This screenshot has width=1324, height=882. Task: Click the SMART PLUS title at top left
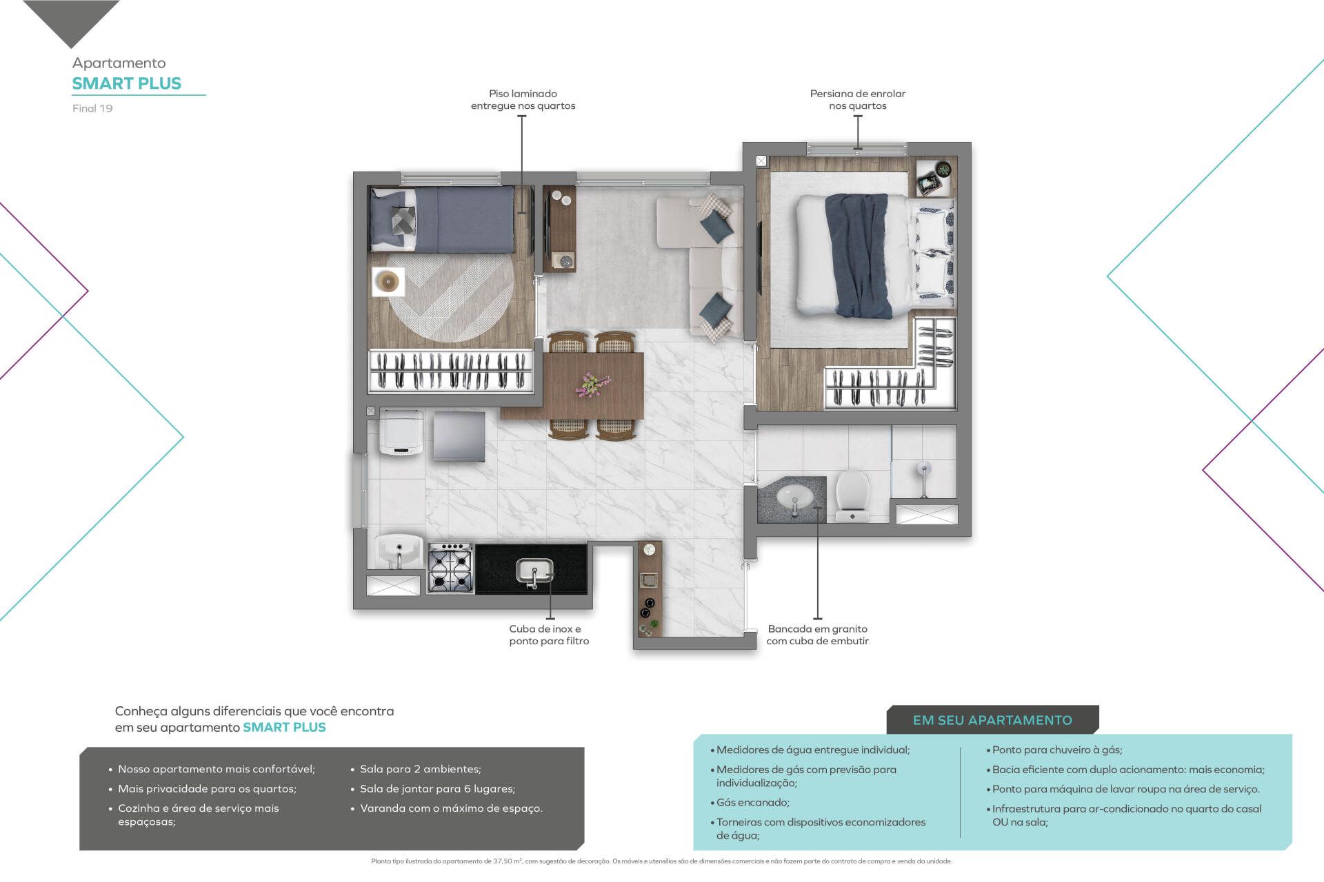(x=127, y=83)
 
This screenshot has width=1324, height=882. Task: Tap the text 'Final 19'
(x=92, y=108)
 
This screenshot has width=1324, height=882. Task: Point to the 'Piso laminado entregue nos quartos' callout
(x=523, y=99)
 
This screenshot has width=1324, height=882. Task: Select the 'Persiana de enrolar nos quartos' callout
(x=858, y=99)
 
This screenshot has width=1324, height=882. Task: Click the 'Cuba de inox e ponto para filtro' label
(x=549, y=635)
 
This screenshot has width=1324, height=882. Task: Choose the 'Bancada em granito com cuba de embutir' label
(x=818, y=635)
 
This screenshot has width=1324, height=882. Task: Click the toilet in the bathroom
(x=853, y=495)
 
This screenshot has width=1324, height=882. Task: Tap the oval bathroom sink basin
(x=795, y=496)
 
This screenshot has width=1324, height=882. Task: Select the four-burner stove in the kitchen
(x=450, y=568)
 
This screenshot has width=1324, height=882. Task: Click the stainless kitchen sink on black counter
(x=534, y=571)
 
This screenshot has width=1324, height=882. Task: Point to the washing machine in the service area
(x=401, y=433)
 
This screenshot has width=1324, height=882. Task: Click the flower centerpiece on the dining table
(x=592, y=384)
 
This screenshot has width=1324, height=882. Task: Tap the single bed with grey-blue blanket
(x=443, y=219)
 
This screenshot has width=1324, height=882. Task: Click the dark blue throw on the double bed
(x=858, y=255)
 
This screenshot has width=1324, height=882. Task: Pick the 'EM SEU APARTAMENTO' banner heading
(x=992, y=720)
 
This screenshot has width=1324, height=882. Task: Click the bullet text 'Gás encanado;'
(x=752, y=802)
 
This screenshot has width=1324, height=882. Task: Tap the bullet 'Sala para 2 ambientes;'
(x=421, y=769)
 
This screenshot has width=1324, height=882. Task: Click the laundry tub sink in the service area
(x=399, y=551)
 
